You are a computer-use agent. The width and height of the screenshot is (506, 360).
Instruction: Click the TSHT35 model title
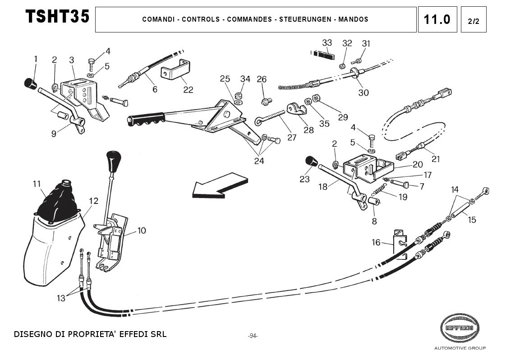point(57,17)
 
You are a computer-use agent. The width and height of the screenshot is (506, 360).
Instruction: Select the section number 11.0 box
point(437,19)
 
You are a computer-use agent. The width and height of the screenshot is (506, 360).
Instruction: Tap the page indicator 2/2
point(474,20)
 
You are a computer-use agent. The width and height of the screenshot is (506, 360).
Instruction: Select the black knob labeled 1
point(30,83)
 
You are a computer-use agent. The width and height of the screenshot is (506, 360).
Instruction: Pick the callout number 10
point(142,231)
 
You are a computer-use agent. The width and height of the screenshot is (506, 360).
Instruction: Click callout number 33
point(327,43)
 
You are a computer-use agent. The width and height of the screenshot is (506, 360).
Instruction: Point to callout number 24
point(259,161)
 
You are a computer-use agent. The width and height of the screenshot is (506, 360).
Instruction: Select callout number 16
point(376,243)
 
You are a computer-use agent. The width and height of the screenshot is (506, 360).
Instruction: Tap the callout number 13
point(61,298)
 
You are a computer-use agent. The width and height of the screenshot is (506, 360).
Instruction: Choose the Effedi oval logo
point(459,328)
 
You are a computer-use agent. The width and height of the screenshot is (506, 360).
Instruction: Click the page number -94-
point(253,336)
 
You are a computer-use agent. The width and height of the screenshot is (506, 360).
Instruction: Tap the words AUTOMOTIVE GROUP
point(460,348)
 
